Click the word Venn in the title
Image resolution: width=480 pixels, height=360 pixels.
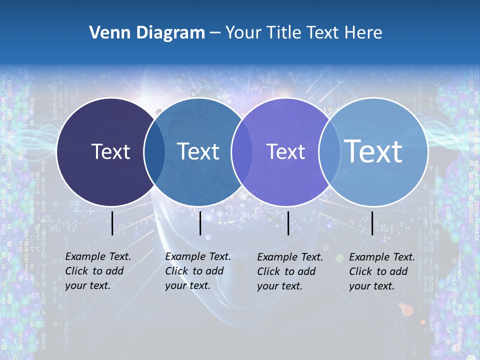[x=106, y=33]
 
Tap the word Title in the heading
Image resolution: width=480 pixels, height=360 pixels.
[x=284, y=33]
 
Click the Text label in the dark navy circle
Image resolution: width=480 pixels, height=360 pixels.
[x=110, y=151]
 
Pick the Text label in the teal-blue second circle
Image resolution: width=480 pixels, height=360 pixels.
[x=198, y=151]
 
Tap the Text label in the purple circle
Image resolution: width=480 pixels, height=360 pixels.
[x=286, y=151]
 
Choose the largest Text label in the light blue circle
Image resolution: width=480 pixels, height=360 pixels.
[x=373, y=151]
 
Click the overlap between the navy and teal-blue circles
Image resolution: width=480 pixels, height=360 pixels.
[x=154, y=152]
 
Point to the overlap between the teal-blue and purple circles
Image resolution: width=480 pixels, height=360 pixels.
[x=242, y=152]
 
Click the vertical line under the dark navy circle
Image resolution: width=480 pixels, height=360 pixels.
[x=112, y=223]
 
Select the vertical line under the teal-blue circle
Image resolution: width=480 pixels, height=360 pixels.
[x=200, y=223]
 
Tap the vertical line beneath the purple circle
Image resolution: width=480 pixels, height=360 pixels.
[x=288, y=223]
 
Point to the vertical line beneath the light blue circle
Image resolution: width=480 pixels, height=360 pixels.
[x=372, y=223]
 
